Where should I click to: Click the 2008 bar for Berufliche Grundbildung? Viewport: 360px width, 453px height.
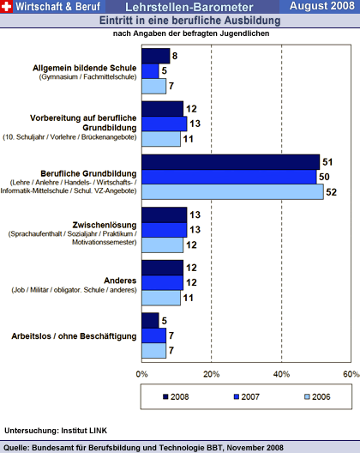tap(231, 162)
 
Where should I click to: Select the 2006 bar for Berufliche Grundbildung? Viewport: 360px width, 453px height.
tap(232, 192)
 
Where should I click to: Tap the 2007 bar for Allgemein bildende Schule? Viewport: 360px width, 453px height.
tap(150, 71)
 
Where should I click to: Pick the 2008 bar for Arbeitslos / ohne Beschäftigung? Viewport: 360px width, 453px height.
tap(150, 321)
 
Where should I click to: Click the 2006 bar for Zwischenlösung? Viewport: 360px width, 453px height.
tap(162, 245)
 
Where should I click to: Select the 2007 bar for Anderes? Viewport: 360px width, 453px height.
tap(162, 282)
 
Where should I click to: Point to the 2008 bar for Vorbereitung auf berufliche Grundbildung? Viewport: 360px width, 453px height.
tap(162, 109)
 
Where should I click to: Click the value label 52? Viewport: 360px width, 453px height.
tap(332, 192)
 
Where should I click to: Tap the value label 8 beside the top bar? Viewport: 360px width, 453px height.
tap(175, 56)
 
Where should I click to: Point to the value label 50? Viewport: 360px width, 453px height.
tap(324, 177)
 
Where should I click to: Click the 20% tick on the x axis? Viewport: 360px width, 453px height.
tap(212, 374)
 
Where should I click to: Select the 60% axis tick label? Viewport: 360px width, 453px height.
tap(351, 374)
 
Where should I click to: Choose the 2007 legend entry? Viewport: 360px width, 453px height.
tap(247, 396)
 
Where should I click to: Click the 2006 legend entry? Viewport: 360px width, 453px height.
tap(317, 396)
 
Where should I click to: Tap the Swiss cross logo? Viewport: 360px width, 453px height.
tap(6, 6)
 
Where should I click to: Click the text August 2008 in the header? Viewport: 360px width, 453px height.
tap(322, 6)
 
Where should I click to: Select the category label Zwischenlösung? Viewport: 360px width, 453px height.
tap(105, 225)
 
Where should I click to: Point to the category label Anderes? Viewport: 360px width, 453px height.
tap(120, 281)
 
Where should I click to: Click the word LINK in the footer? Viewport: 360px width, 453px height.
tap(99, 431)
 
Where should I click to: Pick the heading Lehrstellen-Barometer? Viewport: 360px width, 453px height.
tap(189, 7)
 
